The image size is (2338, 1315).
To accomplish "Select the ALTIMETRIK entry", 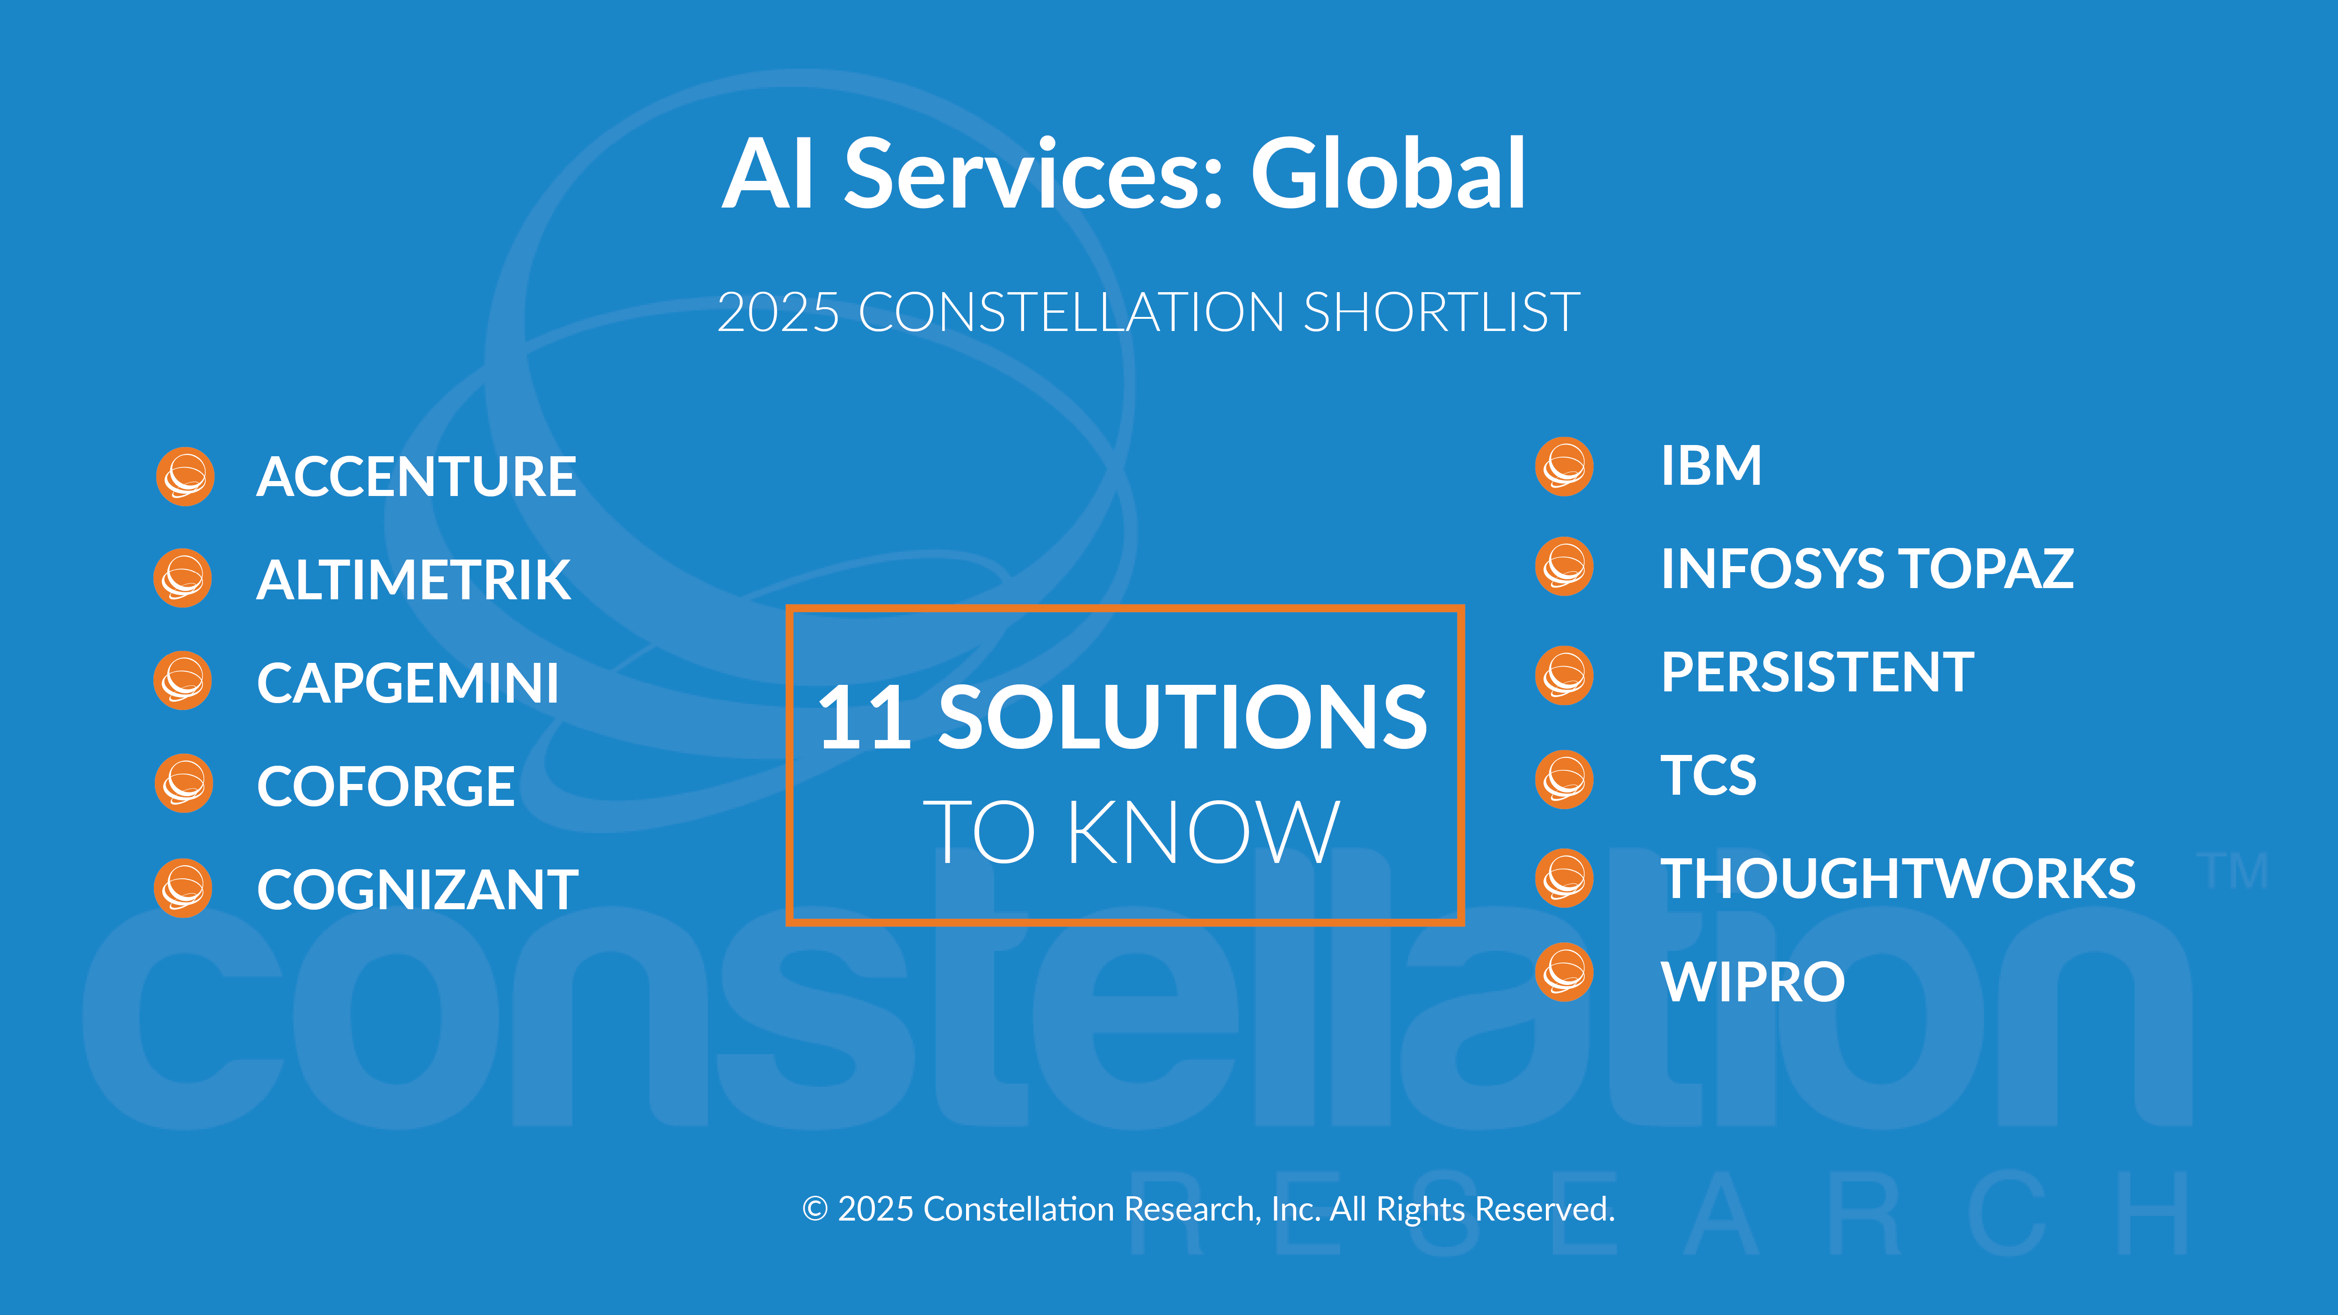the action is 414,580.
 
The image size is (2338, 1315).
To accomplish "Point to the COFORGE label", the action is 386,786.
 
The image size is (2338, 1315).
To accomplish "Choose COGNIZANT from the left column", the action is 418,890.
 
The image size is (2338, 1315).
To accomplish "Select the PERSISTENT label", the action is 1817,673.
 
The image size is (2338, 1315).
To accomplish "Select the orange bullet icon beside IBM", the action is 1564,467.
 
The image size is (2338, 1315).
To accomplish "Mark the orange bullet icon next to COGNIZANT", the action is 183,889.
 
